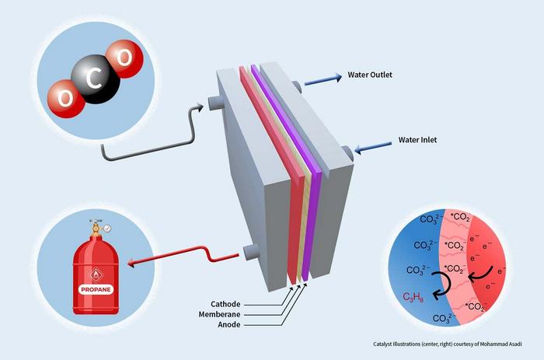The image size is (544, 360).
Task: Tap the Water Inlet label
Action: [x=419, y=141]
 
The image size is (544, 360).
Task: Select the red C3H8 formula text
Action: [x=415, y=295]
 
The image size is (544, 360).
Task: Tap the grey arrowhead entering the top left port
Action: [x=204, y=105]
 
